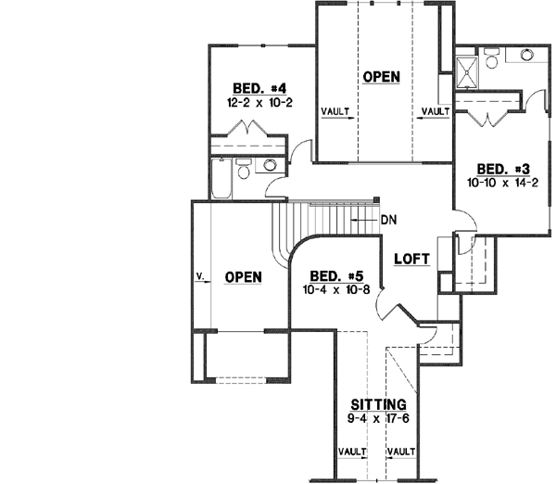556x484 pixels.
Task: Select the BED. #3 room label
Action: pos(503,169)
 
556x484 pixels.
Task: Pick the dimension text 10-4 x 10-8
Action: pos(335,289)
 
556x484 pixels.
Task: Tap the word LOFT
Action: pos(411,259)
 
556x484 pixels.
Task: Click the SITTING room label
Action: pos(380,405)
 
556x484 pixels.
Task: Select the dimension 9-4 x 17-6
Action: pos(380,418)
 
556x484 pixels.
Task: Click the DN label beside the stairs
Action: pos(388,221)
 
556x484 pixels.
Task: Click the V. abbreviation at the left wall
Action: pos(200,275)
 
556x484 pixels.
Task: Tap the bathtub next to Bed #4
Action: pos(221,179)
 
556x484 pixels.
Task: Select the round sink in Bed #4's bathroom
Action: pos(270,166)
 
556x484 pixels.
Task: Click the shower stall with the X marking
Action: pos(467,67)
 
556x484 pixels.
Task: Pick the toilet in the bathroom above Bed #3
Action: pos(490,57)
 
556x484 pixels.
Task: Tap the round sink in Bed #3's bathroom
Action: pos(527,55)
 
